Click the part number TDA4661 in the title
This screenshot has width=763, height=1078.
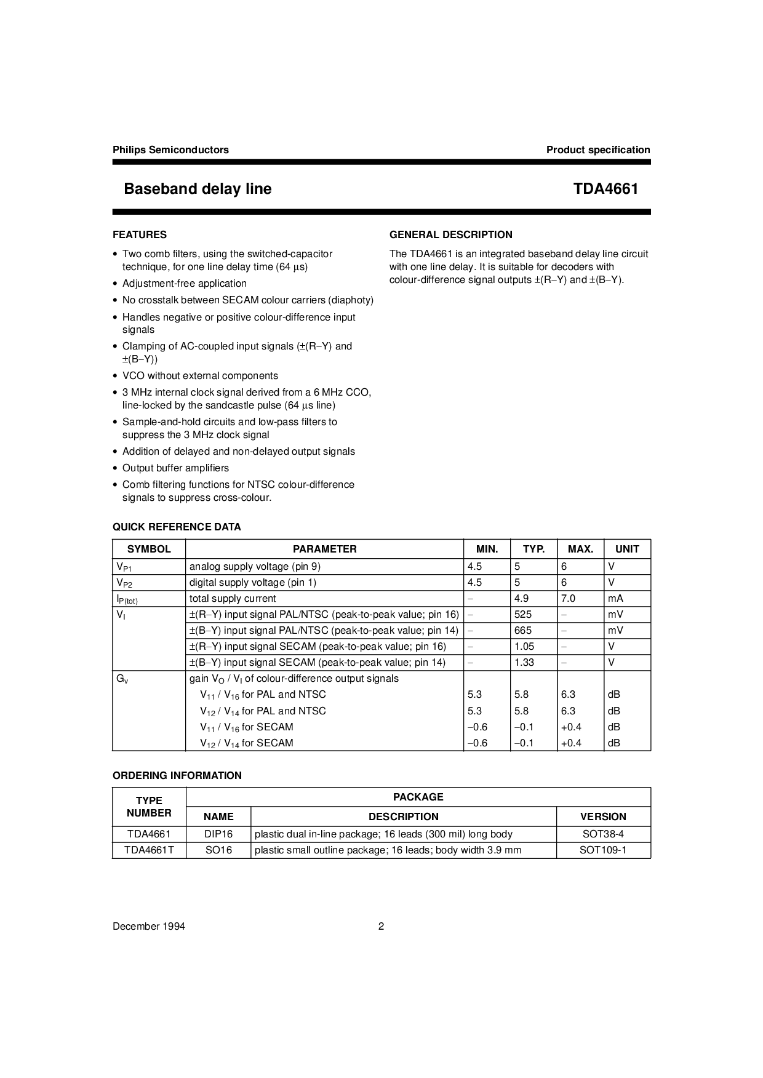[x=605, y=189]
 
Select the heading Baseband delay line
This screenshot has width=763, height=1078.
[x=198, y=189]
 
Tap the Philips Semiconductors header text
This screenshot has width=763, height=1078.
[x=170, y=150]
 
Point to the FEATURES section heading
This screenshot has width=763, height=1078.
[x=140, y=234]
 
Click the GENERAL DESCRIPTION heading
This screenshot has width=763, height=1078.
[x=450, y=234]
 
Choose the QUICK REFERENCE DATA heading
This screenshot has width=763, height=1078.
[x=177, y=527]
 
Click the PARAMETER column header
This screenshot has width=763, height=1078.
[x=324, y=549]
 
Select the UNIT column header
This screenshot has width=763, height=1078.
[x=627, y=549]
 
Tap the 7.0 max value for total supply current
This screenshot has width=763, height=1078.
[x=568, y=598]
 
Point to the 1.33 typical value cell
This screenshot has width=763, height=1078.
[x=524, y=662]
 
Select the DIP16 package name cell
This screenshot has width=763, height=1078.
[x=218, y=834]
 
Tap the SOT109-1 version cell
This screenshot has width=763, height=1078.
[x=603, y=850]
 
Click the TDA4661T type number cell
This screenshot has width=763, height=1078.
[x=149, y=850]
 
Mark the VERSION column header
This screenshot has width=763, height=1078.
[x=603, y=816]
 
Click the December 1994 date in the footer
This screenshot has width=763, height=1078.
[x=149, y=927]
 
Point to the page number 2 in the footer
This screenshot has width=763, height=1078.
[x=381, y=927]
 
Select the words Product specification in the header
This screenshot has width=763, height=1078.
[x=597, y=150]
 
